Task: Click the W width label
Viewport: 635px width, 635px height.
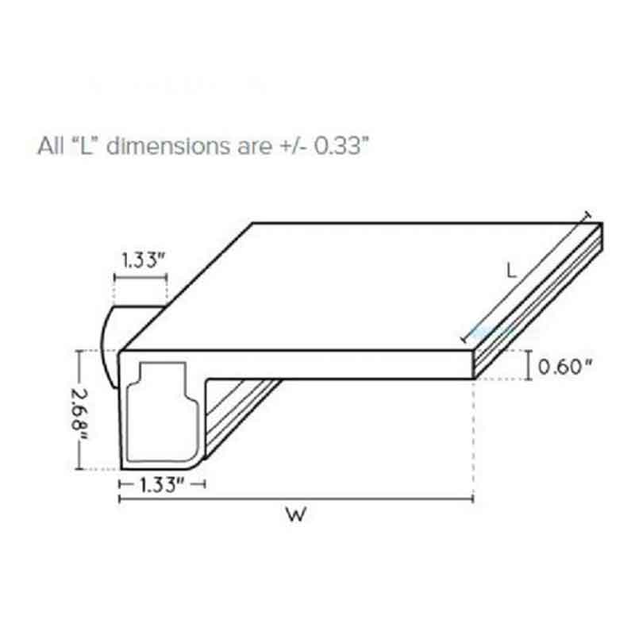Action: (296, 514)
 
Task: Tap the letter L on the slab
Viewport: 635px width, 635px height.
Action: (512, 270)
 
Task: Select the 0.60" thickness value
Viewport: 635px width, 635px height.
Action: (565, 367)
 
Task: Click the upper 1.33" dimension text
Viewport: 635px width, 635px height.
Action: (144, 260)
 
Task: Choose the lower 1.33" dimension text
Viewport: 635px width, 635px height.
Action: (162, 484)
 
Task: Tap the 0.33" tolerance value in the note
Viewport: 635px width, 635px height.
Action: (341, 146)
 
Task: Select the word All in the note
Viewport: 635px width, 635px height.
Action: (51, 146)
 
